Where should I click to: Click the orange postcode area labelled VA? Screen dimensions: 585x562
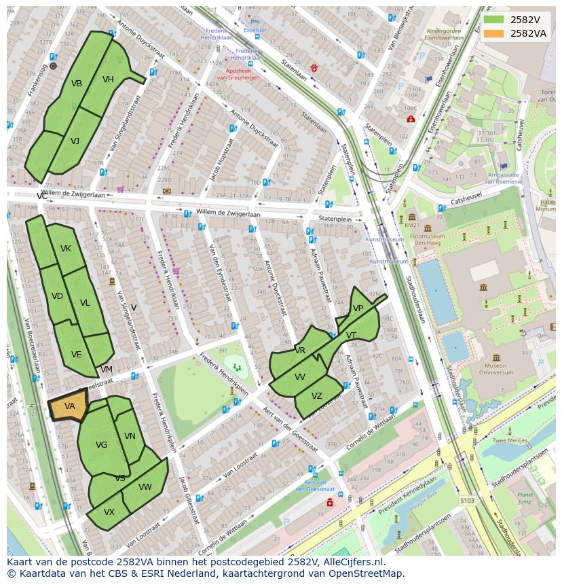69,406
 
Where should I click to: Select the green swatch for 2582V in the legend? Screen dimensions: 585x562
494,20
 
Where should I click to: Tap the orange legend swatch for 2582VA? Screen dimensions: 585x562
494,33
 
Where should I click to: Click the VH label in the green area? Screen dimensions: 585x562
108,79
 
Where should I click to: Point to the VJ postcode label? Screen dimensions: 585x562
75,141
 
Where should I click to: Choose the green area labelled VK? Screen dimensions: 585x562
65,249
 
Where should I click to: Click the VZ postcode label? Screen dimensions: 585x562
317,396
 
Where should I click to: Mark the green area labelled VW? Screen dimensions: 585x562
145,487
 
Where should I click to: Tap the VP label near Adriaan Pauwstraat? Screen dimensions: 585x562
358,308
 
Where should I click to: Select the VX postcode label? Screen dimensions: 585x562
109,512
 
